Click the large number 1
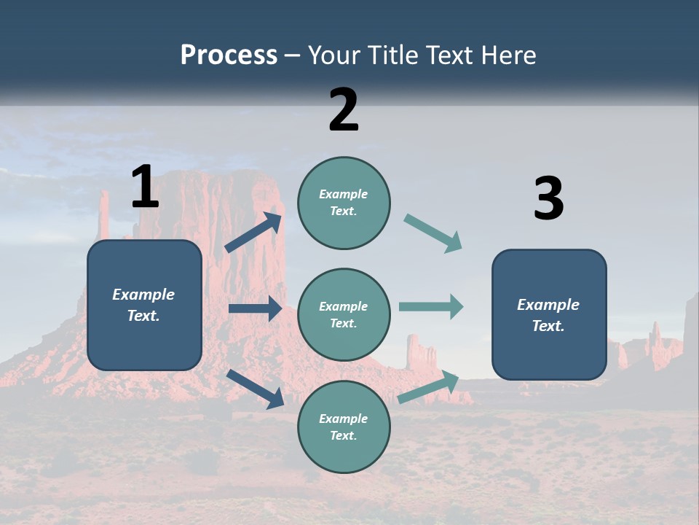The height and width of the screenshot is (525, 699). pyautogui.click(x=145, y=187)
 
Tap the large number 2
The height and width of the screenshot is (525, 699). pyautogui.click(x=344, y=110)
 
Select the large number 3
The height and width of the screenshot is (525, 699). pyautogui.click(x=548, y=199)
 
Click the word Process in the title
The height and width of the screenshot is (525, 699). pyautogui.click(x=229, y=55)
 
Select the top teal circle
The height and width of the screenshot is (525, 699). pyautogui.click(x=344, y=202)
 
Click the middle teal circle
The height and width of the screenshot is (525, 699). pyautogui.click(x=344, y=314)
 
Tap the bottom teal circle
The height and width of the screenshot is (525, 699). pyautogui.click(x=344, y=427)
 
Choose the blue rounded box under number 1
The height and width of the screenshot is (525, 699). pyautogui.click(x=144, y=305)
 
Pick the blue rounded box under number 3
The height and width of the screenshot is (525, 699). pyautogui.click(x=549, y=314)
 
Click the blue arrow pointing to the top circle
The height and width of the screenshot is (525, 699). pyautogui.click(x=254, y=233)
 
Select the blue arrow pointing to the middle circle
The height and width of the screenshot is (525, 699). pyautogui.click(x=256, y=308)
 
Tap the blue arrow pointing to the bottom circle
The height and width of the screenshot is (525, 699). pyautogui.click(x=256, y=389)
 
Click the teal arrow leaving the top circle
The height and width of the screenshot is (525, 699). pyautogui.click(x=433, y=233)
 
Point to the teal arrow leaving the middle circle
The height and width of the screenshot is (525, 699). pyautogui.click(x=431, y=306)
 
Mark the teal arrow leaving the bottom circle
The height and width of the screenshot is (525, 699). pyautogui.click(x=428, y=387)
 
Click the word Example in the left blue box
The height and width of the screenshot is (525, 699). pyautogui.click(x=143, y=295)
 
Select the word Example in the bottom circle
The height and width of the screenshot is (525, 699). pyautogui.click(x=343, y=419)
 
